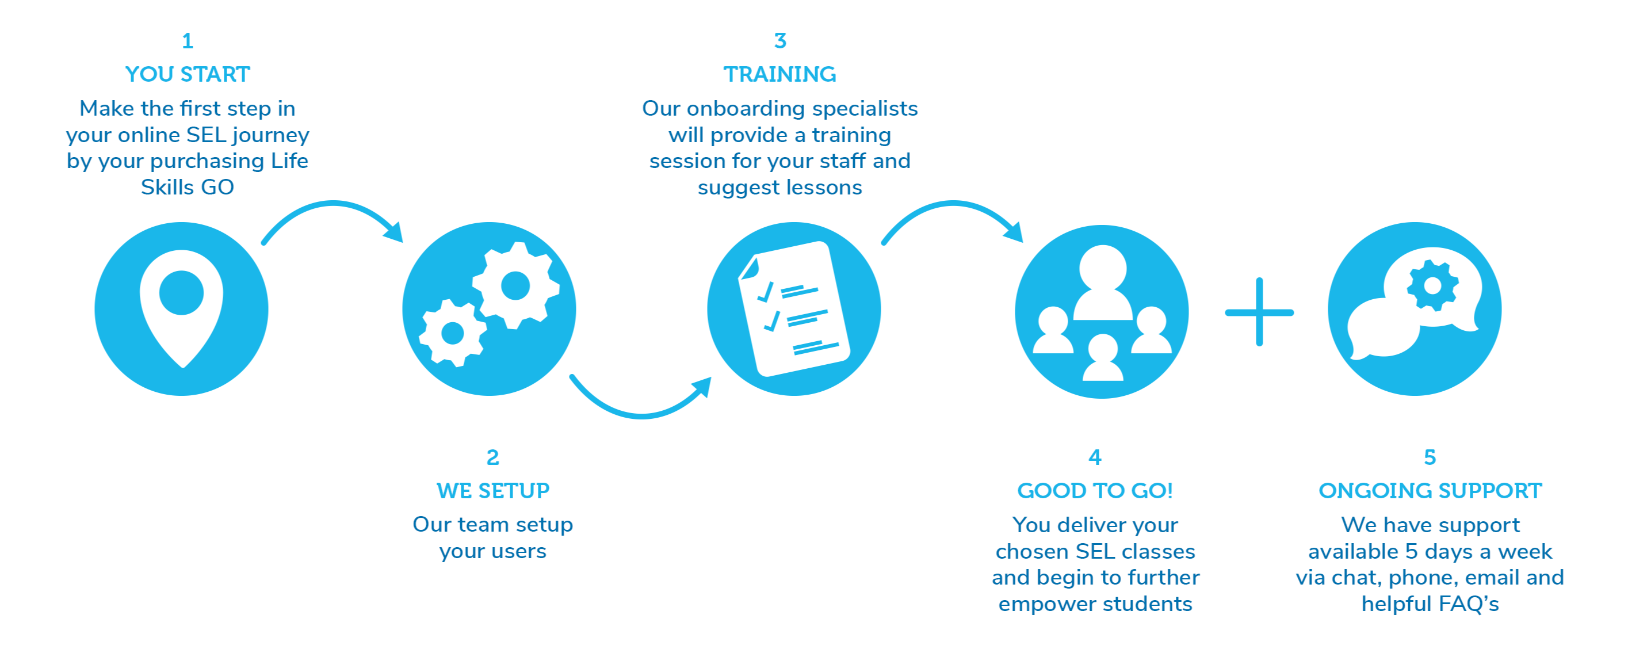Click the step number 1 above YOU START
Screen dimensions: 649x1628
tap(188, 41)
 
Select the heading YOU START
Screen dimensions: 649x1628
tap(188, 75)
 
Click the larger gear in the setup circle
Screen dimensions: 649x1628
tap(515, 285)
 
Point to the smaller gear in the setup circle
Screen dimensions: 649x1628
tap(453, 333)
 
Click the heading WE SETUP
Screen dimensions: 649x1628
tap(493, 491)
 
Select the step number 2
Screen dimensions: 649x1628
tap(493, 457)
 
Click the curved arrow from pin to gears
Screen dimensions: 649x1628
tap(333, 208)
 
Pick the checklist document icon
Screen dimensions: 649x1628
tap(794, 308)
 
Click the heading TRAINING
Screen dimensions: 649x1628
tap(780, 75)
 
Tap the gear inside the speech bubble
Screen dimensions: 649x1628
tap(1432, 285)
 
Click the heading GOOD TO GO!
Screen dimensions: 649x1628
tap(1095, 491)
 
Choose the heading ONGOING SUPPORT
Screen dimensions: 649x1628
tap(1430, 491)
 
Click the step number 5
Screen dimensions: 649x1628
tap(1430, 457)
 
